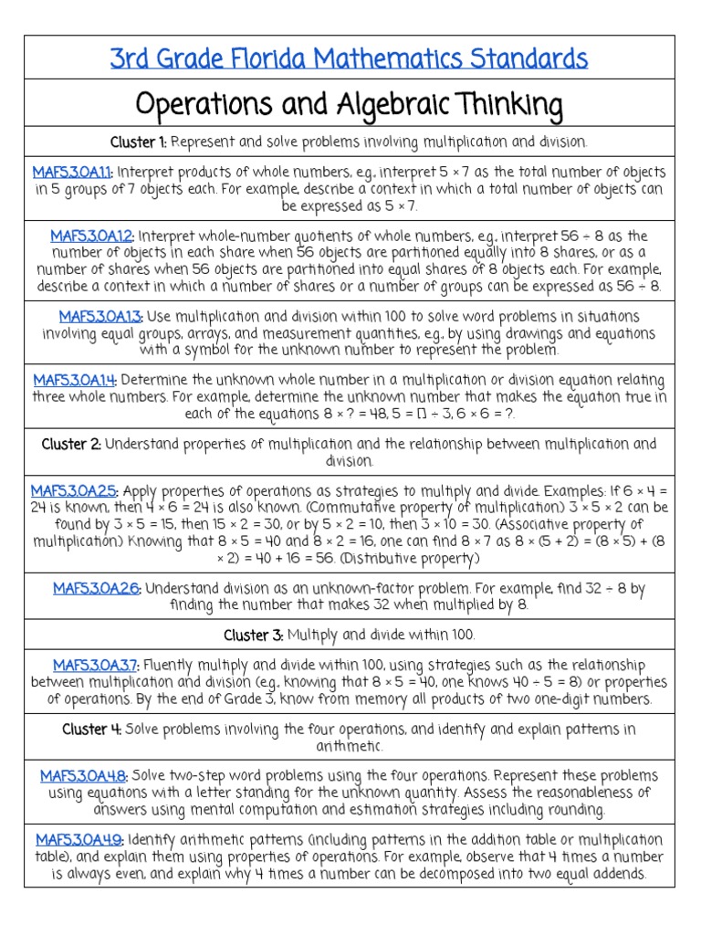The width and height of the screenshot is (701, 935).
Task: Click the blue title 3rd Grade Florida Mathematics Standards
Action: (350, 59)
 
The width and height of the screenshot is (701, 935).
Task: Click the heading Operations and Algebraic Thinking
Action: (350, 104)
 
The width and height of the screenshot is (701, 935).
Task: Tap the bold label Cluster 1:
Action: (139, 142)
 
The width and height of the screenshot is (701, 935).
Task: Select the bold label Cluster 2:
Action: (71, 444)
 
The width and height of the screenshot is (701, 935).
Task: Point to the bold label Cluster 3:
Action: (253, 634)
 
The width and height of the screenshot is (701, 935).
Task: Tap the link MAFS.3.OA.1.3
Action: (100, 316)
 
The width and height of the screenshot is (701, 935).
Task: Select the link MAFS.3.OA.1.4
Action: (75, 380)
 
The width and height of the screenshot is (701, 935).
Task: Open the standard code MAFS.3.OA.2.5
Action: (74, 490)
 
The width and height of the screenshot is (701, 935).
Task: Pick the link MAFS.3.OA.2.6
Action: (96, 588)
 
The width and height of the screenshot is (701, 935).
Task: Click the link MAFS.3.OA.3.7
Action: (96, 665)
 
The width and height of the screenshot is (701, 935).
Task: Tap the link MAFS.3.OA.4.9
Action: (79, 839)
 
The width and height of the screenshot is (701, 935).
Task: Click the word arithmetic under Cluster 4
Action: (350, 746)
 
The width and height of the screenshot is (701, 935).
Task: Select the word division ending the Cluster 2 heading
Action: (350, 461)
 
